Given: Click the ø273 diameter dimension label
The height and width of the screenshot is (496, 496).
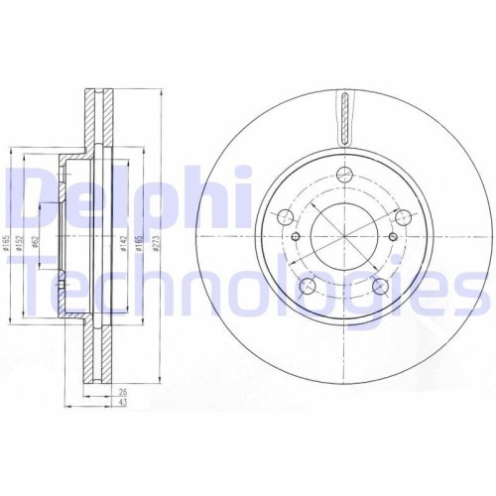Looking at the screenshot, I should (157, 243).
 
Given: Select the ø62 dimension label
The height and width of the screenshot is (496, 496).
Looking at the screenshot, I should (35, 241).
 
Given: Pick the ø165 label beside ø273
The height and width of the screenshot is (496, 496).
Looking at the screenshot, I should (139, 243).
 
